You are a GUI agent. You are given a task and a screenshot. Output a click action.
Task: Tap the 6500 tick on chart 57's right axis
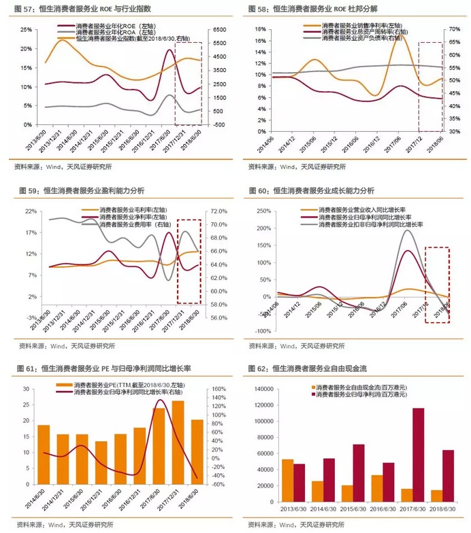tap(219, 30)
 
